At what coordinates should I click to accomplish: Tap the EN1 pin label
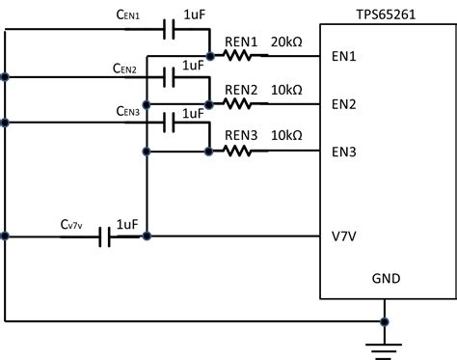coord(344,56)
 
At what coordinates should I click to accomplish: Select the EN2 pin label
coord(344,103)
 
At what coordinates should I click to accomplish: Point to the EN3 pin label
coord(344,151)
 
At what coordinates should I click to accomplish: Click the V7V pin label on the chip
coord(344,235)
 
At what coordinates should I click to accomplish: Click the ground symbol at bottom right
coord(385,344)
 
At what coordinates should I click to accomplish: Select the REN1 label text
coord(241,42)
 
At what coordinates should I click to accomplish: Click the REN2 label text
coord(241,90)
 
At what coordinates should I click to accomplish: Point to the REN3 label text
coord(241,137)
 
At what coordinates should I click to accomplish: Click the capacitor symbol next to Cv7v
coord(106,235)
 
